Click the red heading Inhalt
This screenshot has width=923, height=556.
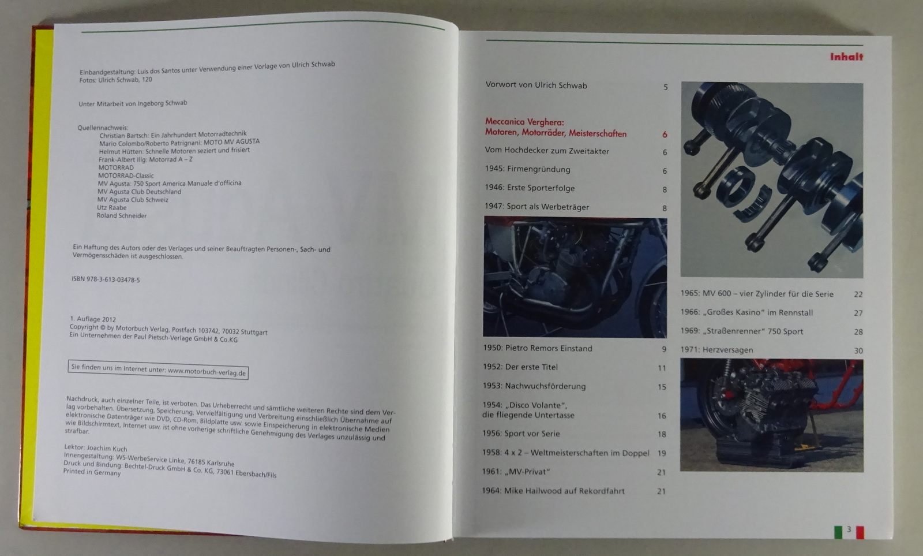(x=846, y=57)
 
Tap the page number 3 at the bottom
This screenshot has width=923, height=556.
(x=849, y=529)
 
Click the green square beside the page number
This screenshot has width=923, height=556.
(x=838, y=532)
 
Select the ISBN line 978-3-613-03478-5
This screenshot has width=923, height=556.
(x=106, y=279)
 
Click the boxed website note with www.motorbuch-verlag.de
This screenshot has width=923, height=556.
(x=158, y=370)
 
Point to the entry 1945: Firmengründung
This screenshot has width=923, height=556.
(x=527, y=169)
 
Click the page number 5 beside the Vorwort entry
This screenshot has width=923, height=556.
(x=666, y=87)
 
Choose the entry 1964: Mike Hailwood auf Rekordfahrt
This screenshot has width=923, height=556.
(x=553, y=491)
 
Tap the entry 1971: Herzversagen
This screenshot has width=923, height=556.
(x=716, y=350)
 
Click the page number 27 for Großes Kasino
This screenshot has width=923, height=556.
(x=858, y=313)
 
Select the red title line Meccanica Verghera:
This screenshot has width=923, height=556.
(x=524, y=122)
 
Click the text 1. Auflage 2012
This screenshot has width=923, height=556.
(x=93, y=319)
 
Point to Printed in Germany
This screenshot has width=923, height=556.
(x=92, y=472)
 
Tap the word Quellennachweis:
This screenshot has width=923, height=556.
(x=103, y=128)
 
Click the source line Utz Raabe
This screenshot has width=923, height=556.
(x=112, y=207)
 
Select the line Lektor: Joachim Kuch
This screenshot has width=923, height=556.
(x=96, y=448)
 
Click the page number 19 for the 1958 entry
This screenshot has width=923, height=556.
(x=662, y=453)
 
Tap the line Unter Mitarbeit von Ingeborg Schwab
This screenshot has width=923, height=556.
(x=133, y=103)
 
